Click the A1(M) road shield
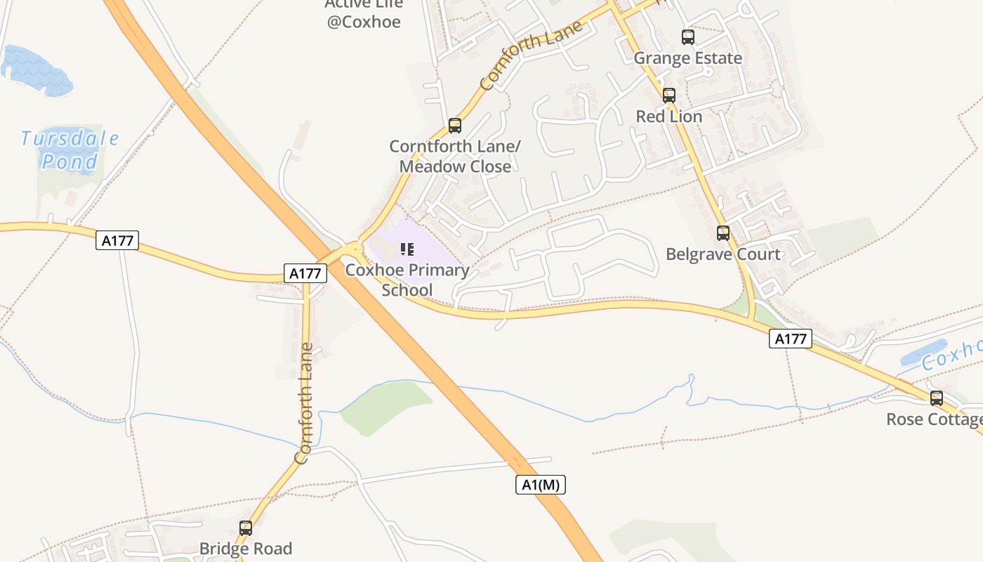540,484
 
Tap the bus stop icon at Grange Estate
688,37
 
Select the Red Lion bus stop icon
669,95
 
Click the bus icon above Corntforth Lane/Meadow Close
455,126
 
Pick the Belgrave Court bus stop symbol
723,233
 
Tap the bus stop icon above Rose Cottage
937,398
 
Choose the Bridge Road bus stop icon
246,528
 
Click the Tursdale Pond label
70,150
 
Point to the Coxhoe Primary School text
407,280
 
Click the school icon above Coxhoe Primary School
407,249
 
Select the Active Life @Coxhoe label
364,14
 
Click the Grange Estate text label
688,58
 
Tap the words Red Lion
669,117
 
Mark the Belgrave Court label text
723,254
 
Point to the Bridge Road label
246,549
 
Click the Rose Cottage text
934,419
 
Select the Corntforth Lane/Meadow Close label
455,157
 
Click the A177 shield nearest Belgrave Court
791,339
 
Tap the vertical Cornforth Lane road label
303,403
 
